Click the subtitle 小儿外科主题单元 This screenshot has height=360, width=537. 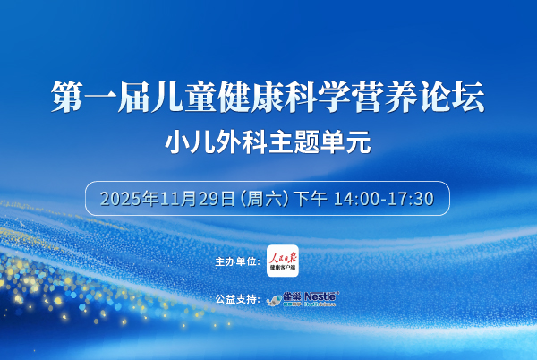click(268, 141)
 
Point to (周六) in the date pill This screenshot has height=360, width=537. click(256, 198)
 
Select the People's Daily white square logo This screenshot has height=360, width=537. click(282, 260)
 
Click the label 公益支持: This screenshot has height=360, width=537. click(237, 298)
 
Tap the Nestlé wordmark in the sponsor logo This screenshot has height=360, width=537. click(320, 296)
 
